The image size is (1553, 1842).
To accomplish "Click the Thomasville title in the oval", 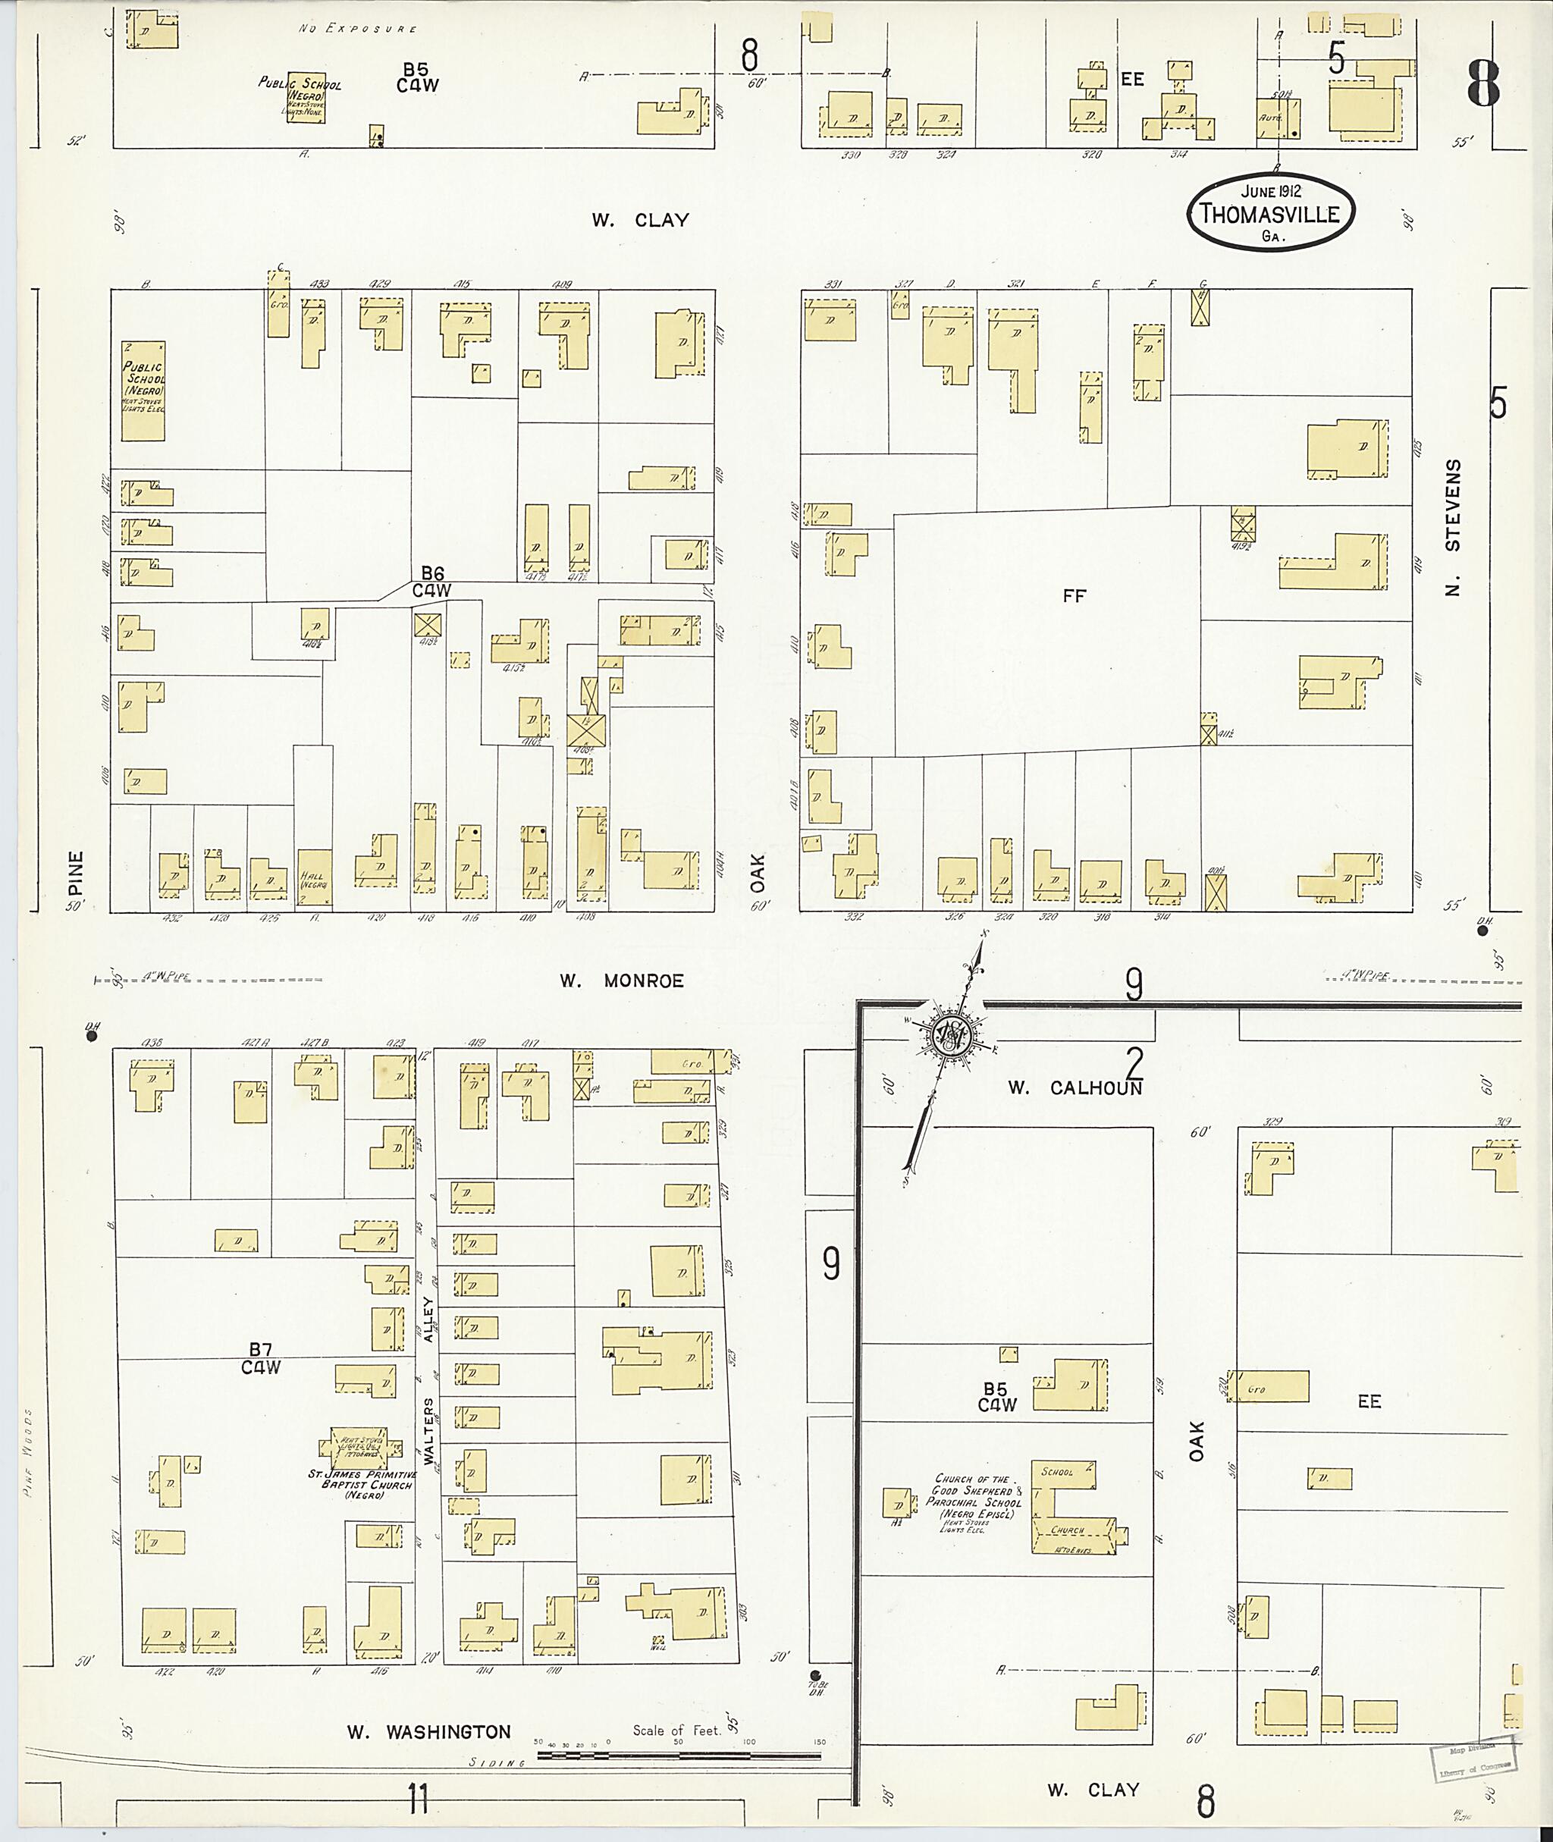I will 1270,214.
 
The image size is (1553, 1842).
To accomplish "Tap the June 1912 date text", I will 1270,190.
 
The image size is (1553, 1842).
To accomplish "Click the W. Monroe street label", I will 623,981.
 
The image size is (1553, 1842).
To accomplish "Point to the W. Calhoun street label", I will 1075,1087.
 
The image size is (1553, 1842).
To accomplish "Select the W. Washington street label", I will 428,1732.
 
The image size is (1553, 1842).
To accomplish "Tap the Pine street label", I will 76,871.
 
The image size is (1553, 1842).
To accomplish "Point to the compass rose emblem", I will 952,1040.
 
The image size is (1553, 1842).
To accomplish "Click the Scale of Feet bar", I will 678,1755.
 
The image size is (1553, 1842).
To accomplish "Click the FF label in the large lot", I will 1073,596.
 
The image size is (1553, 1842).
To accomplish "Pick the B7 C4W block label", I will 262,1357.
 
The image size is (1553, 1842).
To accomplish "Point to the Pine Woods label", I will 30,1444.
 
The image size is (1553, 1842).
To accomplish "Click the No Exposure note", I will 356,29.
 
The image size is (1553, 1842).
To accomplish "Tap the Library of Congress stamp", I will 1475,1760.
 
